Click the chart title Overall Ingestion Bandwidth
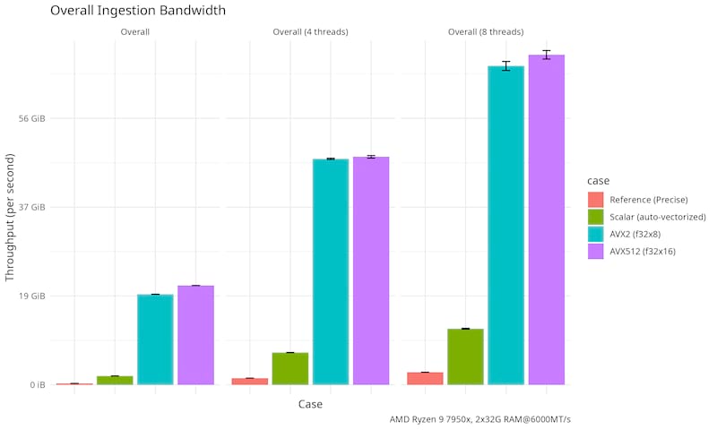point(137,11)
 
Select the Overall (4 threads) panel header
point(310,32)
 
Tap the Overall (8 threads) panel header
point(485,32)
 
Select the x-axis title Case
point(310,404)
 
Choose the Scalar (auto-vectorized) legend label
point(658,217)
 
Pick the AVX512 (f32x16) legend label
point(643,252)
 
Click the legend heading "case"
point(598,180)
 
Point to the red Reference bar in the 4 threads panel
point(249,381)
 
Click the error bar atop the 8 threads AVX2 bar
point(505,66)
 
